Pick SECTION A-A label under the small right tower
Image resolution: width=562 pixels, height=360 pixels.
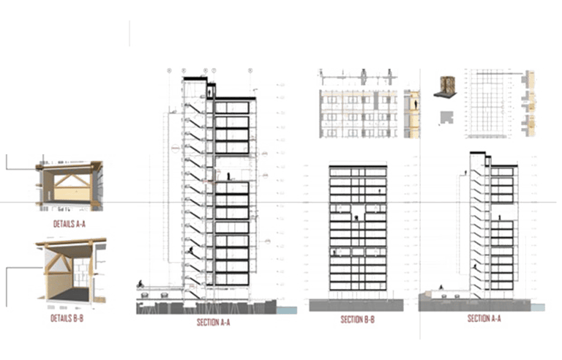click(484, 319)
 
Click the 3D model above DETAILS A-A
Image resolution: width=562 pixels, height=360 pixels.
click(70, 184)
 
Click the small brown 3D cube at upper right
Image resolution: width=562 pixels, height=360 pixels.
click(444, 85)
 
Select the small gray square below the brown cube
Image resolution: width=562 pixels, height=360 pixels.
click(444, 117)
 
